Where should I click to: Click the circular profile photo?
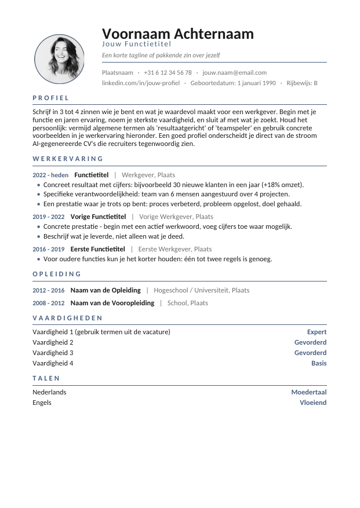click(59, 59)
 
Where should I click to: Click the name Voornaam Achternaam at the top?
click(177, 34)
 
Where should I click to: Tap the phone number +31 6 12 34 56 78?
click(168, 72)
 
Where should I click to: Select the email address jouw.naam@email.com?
click(234, 72)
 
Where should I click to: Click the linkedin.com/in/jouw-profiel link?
click(140, 83)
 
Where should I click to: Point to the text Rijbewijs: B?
click(302, 83)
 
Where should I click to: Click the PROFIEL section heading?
click(51, 98)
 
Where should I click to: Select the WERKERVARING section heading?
click(68, 159)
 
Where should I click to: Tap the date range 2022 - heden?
click(50, 175)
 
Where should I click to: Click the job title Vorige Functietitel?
click(98, 217)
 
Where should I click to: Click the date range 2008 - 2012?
click(49, 303)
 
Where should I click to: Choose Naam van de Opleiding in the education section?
click(106, 290)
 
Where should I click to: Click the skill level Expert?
click(317, 332)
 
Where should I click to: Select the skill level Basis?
click(319, 363)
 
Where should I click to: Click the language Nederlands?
click(49, 392)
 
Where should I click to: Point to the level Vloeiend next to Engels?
click(313, 403)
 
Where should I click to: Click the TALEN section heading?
click(46, 378)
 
